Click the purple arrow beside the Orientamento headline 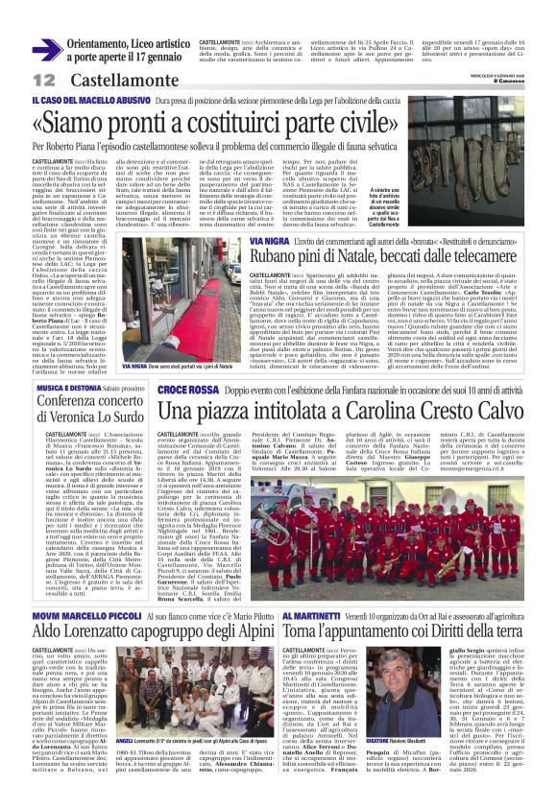pyautogui.click(x=46, y=49)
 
